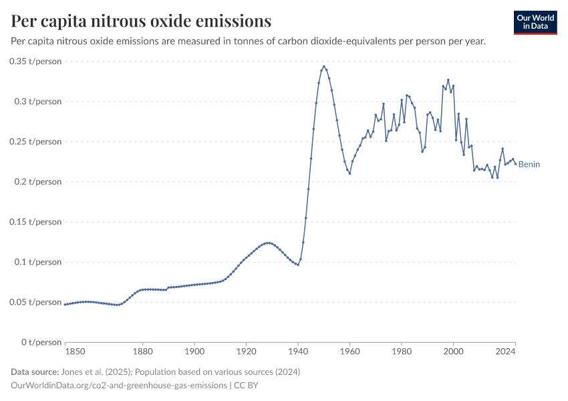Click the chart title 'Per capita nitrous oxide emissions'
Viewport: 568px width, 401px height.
click(x=141, y=21)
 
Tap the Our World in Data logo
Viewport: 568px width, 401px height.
click(x=535, y=22)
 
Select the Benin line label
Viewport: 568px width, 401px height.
click(x=529, y=164)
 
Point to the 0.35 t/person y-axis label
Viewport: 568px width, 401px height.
click(x=35, y=61)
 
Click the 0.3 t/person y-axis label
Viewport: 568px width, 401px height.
click(x=37, y=102)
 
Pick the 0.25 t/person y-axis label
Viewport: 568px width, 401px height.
click(x=35, y=142)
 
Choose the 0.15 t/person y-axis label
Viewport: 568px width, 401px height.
click(x=35, y=222)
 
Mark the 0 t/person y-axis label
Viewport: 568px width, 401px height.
click(x=39, y=342)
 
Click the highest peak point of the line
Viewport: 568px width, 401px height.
click(x=323, y=67)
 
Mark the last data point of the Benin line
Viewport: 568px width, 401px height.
click(x=515, y=163)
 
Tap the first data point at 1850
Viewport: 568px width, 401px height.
click(x=65, y=304)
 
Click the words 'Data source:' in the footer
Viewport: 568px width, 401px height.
click(x=34, y=372)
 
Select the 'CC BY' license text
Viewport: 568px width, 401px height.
click(x=248, y=386)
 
